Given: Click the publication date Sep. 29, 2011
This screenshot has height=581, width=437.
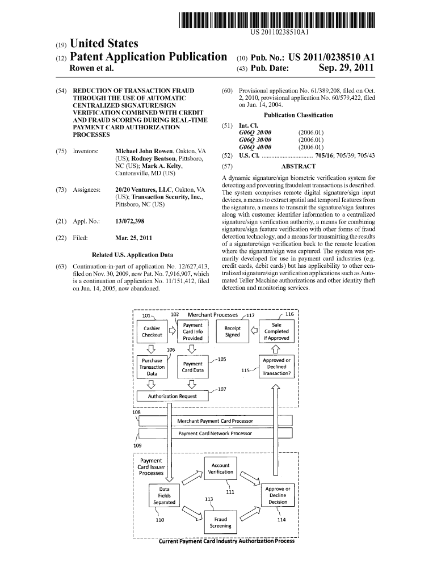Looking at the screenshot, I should tap(346, 69).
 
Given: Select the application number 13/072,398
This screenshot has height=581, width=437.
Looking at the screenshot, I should tap(129, 220).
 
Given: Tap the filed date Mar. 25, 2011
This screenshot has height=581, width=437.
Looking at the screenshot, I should tap(133, 238).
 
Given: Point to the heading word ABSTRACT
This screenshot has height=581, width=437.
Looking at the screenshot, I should tap(298, 166).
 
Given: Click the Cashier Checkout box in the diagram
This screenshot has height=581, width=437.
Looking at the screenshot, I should tap(152, 331).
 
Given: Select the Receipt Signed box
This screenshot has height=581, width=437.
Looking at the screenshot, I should tap(232, 331).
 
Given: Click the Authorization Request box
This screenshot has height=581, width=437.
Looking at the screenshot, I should tap(173, 396).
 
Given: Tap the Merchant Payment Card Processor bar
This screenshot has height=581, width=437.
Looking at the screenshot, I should tap(215, 421).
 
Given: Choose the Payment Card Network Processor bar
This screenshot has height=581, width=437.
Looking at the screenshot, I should tap(215, 433).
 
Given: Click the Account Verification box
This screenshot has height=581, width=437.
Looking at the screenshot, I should tap(220, 468).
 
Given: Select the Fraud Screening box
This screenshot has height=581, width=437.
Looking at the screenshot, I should tap(220, 523).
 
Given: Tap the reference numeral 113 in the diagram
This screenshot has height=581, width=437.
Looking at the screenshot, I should tap(209, 499).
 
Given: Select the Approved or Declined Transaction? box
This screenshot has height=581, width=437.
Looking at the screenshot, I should tap(276, 367).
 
